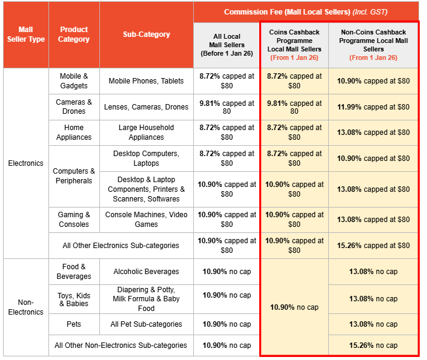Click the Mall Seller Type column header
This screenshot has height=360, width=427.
point(25,34)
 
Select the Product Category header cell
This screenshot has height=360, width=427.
point(74,34)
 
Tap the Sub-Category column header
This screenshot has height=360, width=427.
point(147,34)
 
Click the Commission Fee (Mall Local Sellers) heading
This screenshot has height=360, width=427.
point(306,12)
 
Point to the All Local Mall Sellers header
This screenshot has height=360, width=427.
point(227,45)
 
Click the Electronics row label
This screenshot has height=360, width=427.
point(25,163)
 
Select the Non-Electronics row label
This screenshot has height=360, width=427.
point(25,307)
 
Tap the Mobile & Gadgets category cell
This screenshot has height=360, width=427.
point(74,81)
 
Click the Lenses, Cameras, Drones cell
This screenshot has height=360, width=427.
point(147,107)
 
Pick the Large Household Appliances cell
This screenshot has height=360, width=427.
point(147,133)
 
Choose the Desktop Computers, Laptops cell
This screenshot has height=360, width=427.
point(147,159)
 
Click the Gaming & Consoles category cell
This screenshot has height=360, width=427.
point(74,220)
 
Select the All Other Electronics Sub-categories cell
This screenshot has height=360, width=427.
point(121,246)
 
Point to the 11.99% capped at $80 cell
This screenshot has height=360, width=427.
point(373,107)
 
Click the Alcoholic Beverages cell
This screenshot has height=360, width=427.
point(147,272)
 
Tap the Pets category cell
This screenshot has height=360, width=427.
point(74,324)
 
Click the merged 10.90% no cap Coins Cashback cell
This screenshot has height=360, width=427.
point(294,307)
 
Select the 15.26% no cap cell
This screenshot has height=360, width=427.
point(373,345)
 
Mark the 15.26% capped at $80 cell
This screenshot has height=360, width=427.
point(373,246)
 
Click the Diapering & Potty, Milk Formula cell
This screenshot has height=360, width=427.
point(147,299)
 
